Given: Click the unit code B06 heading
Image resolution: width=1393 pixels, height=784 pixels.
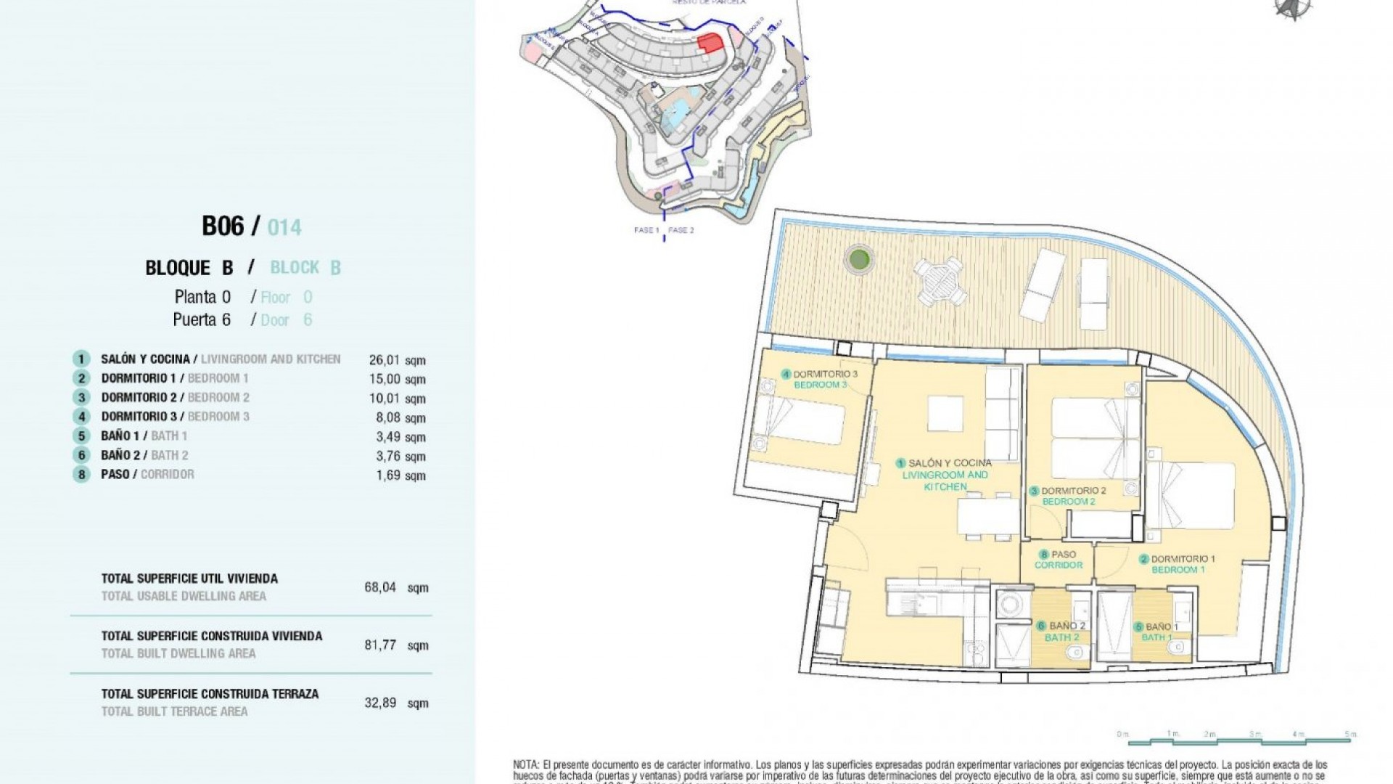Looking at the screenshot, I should [x=223, y=226].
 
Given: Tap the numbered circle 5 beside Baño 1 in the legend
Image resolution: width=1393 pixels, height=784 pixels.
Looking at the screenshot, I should [x=81, y=436].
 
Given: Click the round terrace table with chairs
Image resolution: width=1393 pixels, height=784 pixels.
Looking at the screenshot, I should [x=940, y=281].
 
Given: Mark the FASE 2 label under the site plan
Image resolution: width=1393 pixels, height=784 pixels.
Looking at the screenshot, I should [x=681, y=230].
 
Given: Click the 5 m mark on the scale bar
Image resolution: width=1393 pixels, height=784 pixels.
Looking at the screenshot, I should [x=1349, y=735].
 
